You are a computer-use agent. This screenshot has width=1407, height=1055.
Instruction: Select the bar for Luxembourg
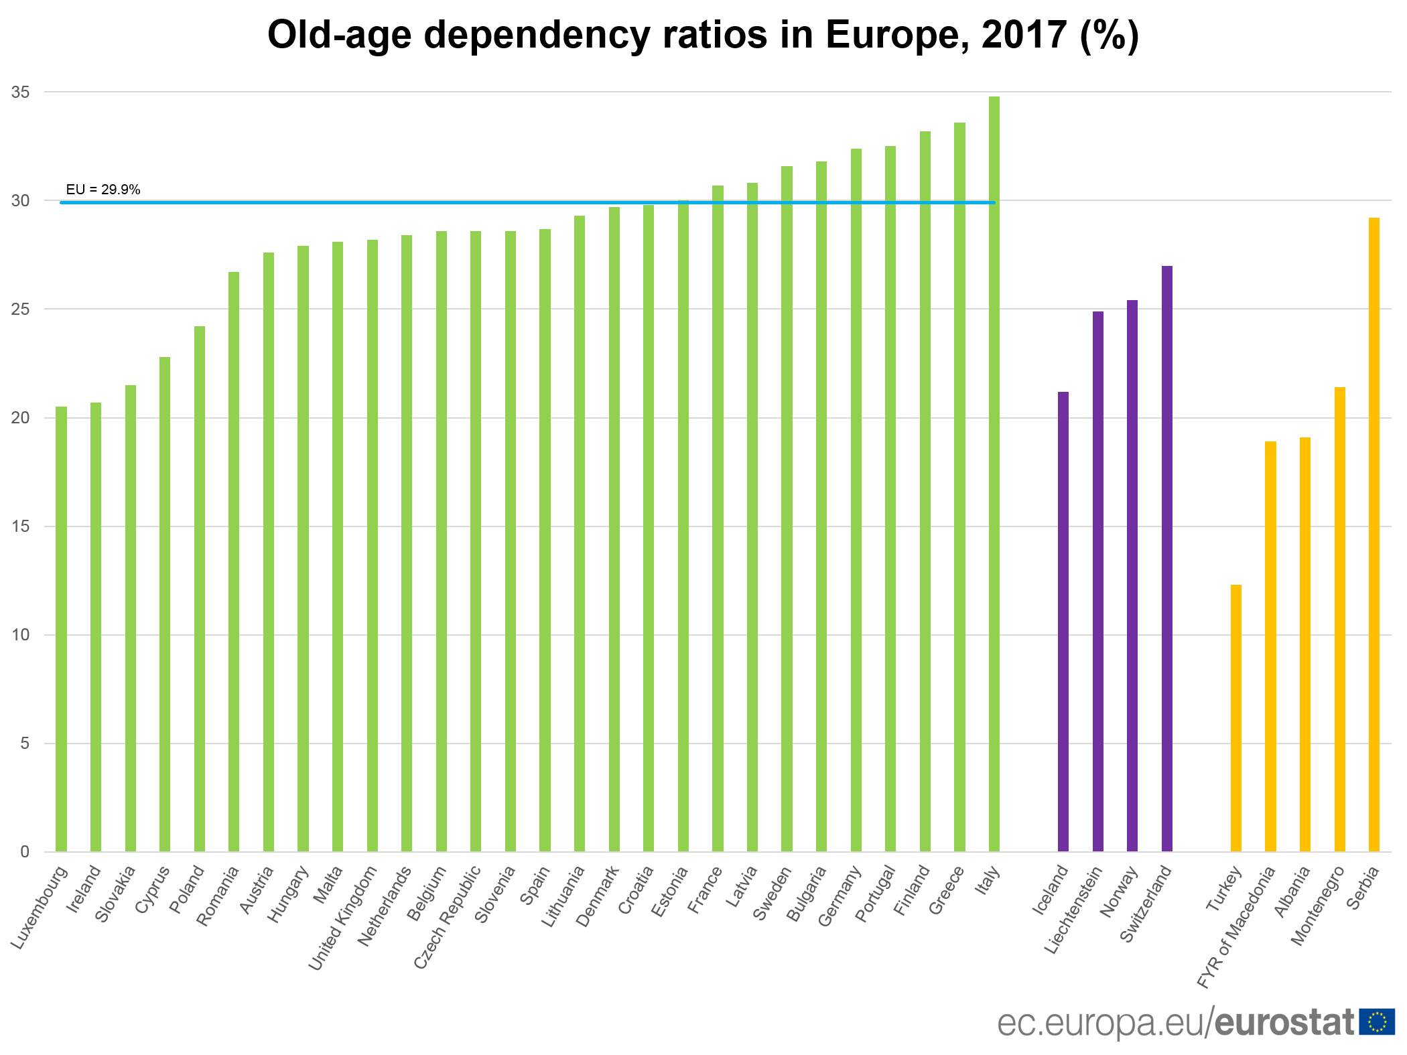click(x=61, y=629)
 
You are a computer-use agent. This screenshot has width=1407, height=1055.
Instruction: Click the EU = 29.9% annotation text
click(x=103, y=190)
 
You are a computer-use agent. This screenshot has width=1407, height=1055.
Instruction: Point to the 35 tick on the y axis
click(x=21, y=92)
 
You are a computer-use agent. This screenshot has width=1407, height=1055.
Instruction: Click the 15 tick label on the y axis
click(x=21, y=526)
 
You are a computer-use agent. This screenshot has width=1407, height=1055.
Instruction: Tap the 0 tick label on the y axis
click(x=25, y=852)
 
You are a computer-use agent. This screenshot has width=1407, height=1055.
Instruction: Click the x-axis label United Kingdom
click(x=342, y=918)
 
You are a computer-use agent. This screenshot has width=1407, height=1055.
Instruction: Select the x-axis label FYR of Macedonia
click(x=1236, y=927)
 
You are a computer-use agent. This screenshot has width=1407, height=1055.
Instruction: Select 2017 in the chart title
click(x=1024, y=35)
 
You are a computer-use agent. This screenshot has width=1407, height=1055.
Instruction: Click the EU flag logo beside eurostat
click(x=1376, y=1022)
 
